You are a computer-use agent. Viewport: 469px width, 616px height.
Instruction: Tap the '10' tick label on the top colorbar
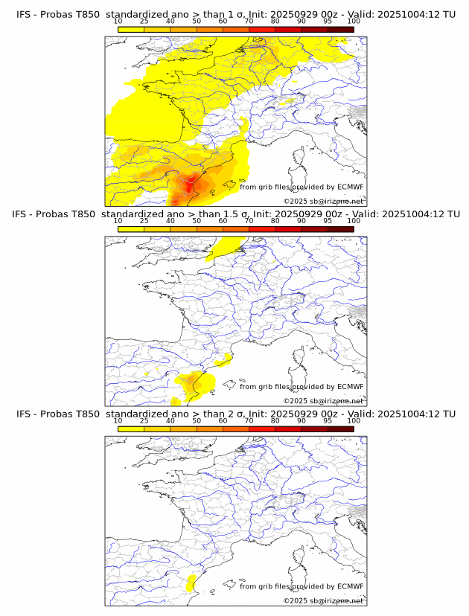pos(118,22)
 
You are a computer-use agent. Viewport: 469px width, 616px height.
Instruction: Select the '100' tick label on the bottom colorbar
pos(354,421)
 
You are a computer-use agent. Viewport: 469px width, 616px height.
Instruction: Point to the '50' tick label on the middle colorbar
pos(197,222)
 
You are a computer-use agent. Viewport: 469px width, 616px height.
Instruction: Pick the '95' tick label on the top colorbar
pos(328,22)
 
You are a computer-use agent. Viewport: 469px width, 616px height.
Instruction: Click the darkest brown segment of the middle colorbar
pos(340,228)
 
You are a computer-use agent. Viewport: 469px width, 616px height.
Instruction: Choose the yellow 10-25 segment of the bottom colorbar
pos(131,428)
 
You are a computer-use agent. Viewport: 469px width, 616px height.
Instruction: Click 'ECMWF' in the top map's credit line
pos(350,187)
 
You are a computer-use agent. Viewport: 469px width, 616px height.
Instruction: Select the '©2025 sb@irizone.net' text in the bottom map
pos(323,600)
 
